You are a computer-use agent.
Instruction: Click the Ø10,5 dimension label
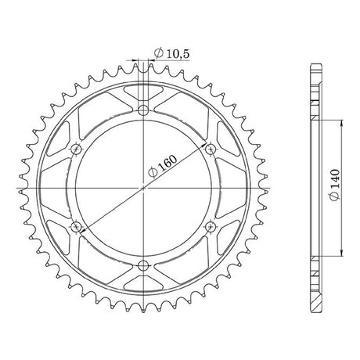171,53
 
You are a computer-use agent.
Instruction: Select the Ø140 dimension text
335,185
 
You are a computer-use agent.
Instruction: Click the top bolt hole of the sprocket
143,110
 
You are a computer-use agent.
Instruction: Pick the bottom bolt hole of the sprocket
143,266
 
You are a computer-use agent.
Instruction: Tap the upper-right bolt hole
211,149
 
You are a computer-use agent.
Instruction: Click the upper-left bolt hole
76,149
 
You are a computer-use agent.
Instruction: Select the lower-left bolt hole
76,227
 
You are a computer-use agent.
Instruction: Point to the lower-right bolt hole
211,227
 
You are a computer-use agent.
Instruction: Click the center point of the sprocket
143,188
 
